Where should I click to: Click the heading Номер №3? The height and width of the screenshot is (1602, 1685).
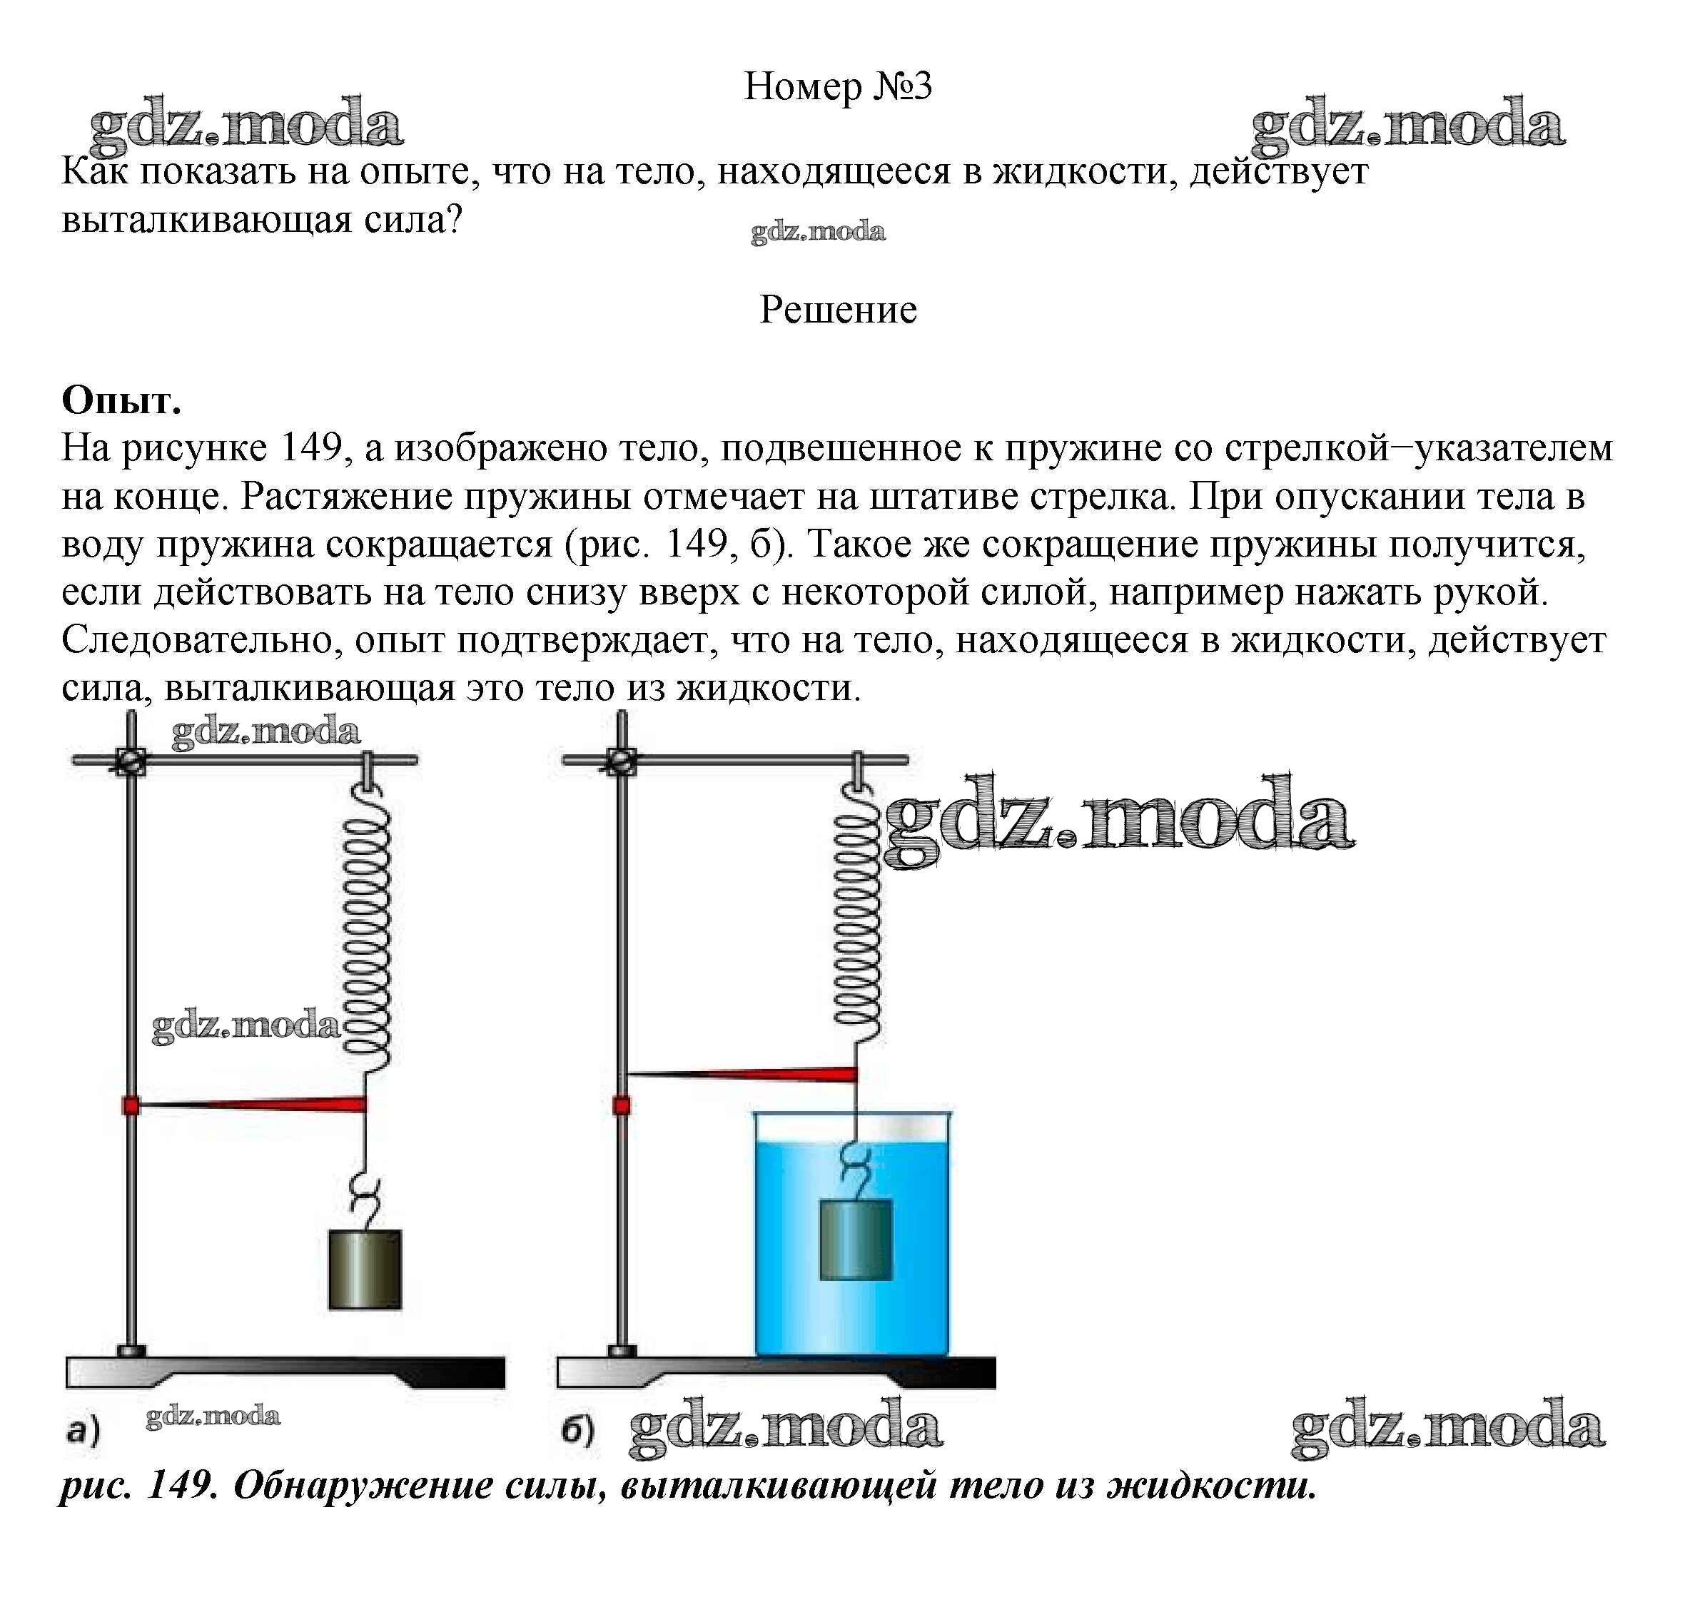(838, 86)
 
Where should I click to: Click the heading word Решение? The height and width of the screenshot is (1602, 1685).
(838, 309)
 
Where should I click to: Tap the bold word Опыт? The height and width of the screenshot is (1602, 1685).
(121, 399)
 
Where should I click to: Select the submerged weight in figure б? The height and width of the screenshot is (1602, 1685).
(856, 1240)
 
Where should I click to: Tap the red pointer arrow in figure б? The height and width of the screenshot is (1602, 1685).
(742, 1073)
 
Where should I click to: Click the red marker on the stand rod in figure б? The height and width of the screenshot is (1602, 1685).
(622, 1107)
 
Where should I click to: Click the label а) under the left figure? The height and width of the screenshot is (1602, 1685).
(83, 1429)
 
